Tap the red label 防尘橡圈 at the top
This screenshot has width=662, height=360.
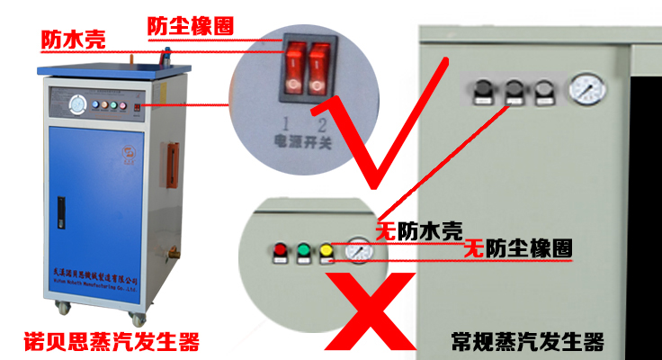pyautogui.click(x=189, y=26)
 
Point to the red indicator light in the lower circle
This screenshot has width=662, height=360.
pyautogui.click(x=279, y=251)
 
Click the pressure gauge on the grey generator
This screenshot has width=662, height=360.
pyautogui.click(x=587, y=89)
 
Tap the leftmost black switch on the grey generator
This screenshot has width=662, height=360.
pyautogui.click(x=483, y=91)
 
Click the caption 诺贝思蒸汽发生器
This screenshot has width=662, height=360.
pyautogui.click(x=110, y=342)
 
